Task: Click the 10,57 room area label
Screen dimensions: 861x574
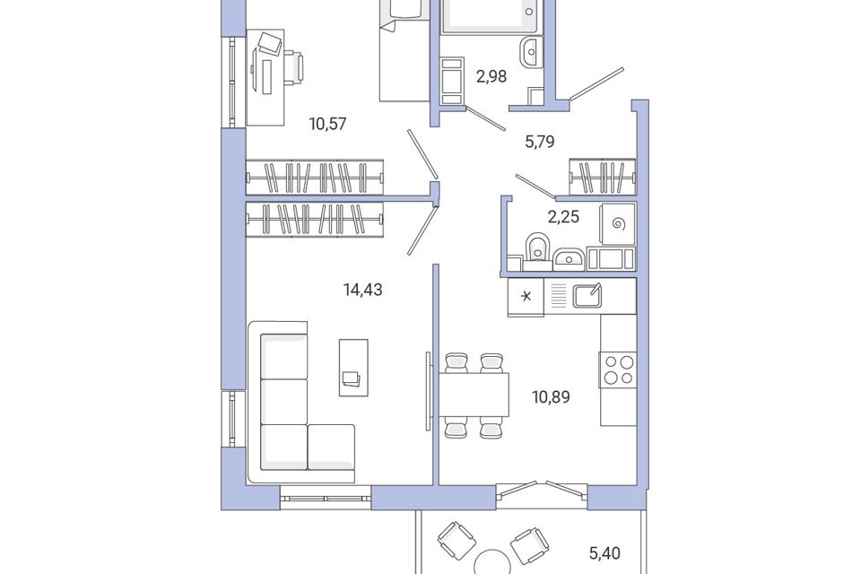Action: click(328, 124)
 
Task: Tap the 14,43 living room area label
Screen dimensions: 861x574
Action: click(362, 289)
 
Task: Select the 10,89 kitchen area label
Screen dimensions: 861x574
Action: click(551, 396)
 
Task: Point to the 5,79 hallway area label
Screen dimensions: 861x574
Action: click(540, 142)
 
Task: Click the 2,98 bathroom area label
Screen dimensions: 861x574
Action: click(491, 76)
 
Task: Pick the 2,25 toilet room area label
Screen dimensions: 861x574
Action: click(563, 217)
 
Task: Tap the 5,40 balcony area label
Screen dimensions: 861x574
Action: click(604, 552)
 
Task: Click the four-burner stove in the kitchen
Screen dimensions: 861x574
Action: click(618, 370)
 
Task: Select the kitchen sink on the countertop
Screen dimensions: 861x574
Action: click(587, 295)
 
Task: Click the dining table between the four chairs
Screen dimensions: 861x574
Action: click(474, 396)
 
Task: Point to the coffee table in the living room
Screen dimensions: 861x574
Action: click(353, 368)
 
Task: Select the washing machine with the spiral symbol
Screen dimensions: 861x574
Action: click(618, 223)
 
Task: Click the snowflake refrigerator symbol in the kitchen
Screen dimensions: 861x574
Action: click(526, 297)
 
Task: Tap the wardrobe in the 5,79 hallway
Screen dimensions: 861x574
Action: click(603, 177)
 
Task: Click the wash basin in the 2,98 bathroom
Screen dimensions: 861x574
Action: click(530, 52)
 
